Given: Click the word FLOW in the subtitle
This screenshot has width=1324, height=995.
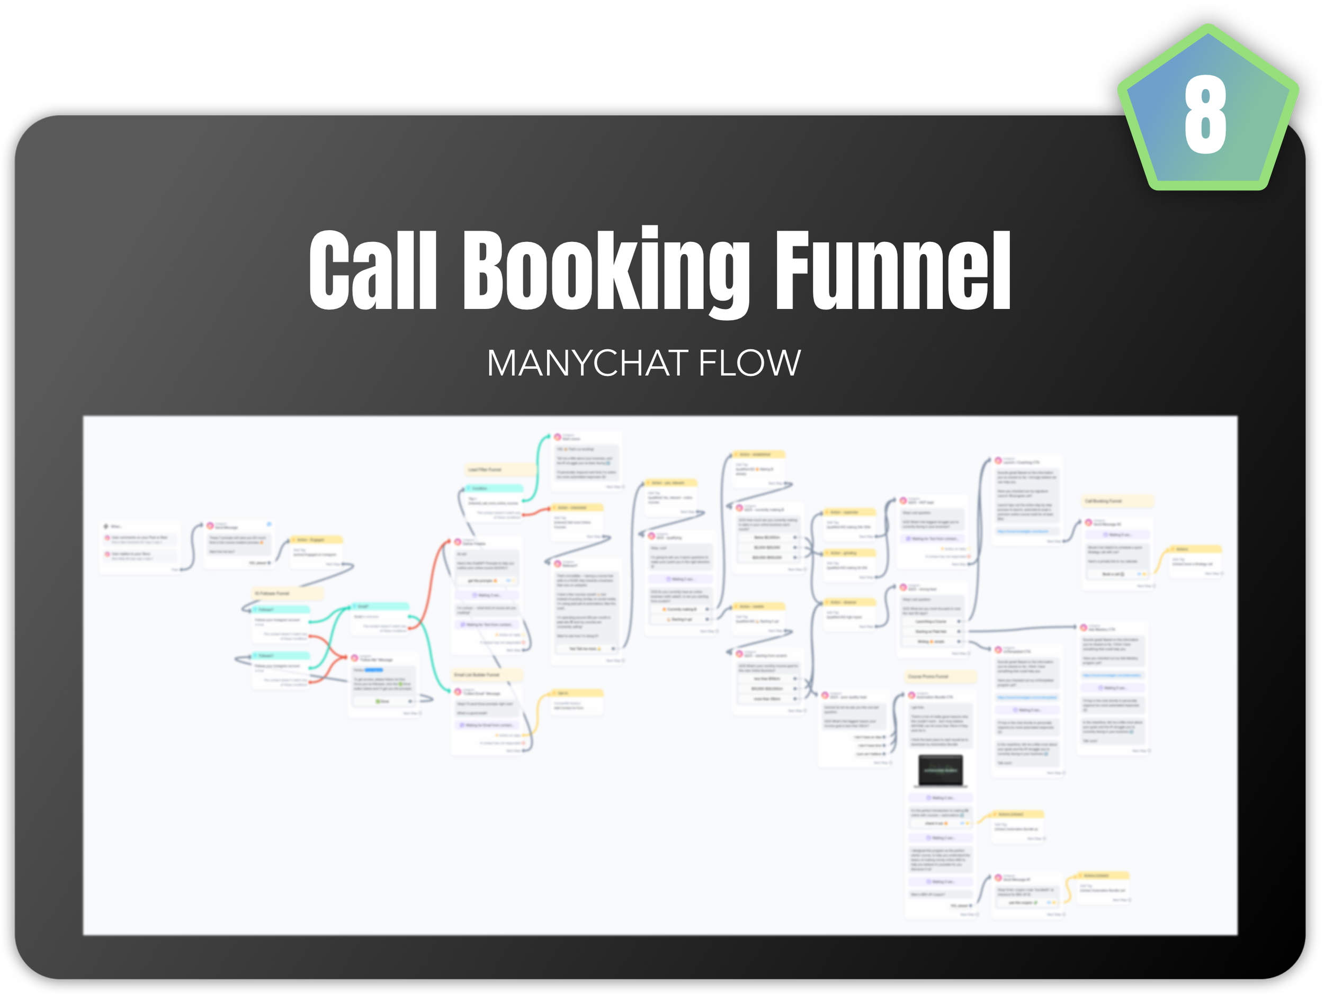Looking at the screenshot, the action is point(749,363).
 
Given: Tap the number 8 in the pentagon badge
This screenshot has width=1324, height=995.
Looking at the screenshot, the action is point(1205,115).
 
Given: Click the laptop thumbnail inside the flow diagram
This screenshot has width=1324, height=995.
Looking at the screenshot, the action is point(941,771).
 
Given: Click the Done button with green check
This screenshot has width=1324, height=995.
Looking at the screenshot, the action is point(382,701).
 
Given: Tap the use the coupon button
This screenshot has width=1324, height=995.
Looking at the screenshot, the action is point(1024,902).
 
